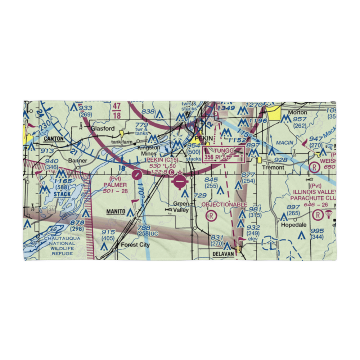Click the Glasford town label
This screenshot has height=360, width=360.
[x=103, y=129]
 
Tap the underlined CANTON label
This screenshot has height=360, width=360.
[x=53, y=139]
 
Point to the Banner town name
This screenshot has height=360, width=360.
[x=78, y=161]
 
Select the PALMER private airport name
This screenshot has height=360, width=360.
[x=116, y=185]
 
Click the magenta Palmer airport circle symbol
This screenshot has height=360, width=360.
[x=137, y=175]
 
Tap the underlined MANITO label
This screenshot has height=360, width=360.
[x=116, y=212]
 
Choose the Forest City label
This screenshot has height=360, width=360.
[x=135, y=245]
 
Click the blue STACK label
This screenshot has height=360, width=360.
[x=63, y=194]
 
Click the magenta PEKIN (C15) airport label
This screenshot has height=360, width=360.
[x=162, y=159]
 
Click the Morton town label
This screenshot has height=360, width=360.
[x=298, y=112]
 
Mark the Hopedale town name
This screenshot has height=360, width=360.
[x=294, y=225]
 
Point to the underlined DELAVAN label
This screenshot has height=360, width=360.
[x=224, y=253]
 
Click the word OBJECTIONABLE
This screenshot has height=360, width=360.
[x=224, y=204]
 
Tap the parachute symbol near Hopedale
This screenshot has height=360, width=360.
[x=328, y=215]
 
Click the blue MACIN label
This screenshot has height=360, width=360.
[x=284, y=143]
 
